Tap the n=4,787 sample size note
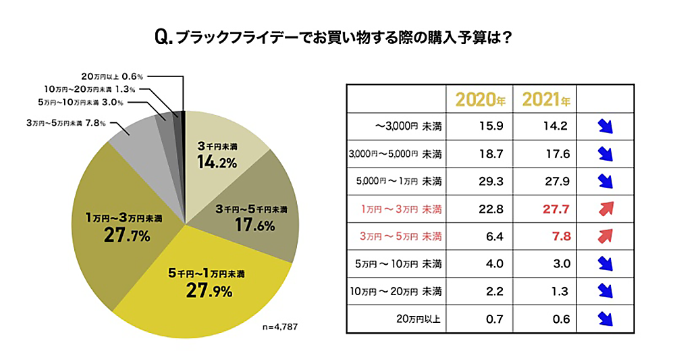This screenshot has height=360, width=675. click(279, 327)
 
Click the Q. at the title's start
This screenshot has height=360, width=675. click(164, 37)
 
